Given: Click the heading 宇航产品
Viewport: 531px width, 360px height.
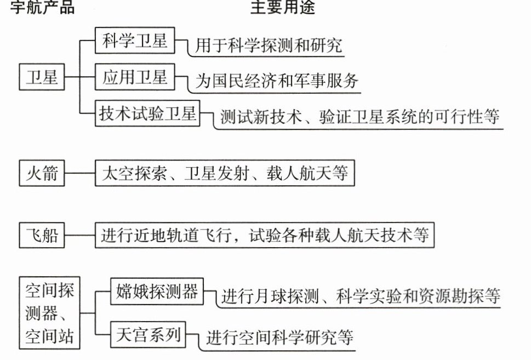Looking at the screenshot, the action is point(42,7).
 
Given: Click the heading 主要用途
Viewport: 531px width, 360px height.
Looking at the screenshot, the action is point(283,7).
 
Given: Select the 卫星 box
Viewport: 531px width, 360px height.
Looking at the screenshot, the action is point(42,77).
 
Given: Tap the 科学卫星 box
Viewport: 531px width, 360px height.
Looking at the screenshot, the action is point(135,41).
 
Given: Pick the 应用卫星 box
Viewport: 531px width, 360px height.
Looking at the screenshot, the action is point(135,77).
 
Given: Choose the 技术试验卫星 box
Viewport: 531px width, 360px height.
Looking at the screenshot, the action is point(147,113).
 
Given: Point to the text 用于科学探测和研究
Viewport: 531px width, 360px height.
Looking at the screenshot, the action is point(269,45).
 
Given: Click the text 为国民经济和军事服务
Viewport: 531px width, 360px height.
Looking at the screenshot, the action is point(277,81).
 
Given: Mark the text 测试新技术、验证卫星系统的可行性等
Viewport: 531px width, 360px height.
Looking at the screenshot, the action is point(360,117).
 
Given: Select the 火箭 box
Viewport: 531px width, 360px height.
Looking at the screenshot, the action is point(42,173).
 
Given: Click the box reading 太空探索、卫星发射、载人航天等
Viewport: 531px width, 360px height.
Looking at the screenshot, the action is point(225,173).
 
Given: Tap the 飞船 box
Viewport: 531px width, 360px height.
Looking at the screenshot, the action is point(42,235).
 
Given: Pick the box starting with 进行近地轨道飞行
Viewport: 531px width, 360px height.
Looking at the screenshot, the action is point(265,235).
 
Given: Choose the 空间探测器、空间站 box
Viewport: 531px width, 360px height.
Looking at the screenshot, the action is point(49,313).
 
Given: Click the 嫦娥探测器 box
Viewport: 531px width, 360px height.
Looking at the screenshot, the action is point(157,292).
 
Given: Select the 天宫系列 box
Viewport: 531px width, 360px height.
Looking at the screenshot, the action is point(148,335).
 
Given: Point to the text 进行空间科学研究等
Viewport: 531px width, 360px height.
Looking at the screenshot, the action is point(279,338).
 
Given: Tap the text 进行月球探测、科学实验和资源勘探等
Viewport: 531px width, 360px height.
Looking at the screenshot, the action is point(361,296).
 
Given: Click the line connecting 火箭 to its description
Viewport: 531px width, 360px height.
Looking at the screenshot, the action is point(80,173).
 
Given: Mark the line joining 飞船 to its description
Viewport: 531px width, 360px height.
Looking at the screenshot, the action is point(80,235).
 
